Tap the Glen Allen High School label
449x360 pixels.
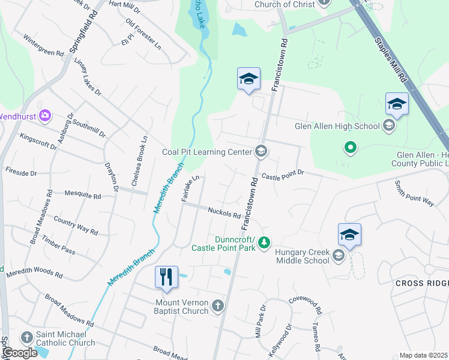click(337, 126)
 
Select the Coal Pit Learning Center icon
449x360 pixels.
click(261, 151)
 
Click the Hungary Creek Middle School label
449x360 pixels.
click(302, 256)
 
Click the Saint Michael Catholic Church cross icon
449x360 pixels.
click(26, 338)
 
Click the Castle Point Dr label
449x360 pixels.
click(283, 175)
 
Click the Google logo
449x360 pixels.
click(19, 353)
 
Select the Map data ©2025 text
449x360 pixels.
click(423, 355)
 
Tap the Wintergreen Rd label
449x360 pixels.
click(43, 45)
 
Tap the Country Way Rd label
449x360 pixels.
click(76, 226)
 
